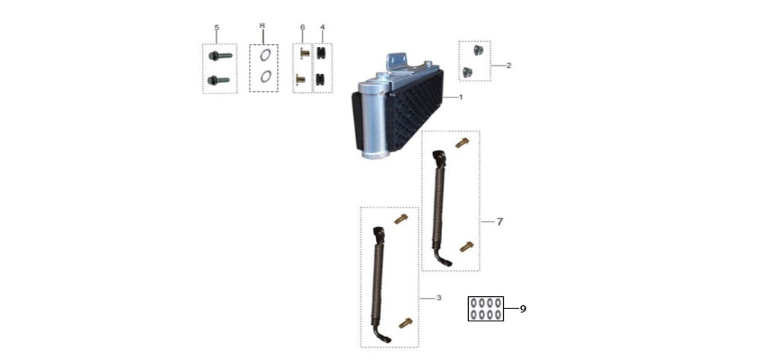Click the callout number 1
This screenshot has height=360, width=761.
point(461,97)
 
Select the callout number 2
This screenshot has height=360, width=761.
point(508,65)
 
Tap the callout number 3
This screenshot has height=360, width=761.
point(439,298)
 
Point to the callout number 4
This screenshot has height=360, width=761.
point(322,27)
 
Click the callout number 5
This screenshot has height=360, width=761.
point(216,27)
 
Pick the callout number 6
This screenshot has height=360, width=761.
point(302,27)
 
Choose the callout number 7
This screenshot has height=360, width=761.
point(500,221)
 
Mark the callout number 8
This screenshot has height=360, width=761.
point(263,25)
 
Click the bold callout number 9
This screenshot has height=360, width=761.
point(524,309)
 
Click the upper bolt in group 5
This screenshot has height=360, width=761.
point(221,56)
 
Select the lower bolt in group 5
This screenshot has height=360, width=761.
point(218,80)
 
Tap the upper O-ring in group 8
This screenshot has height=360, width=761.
point(265,55)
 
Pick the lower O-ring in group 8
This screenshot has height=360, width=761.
point(265,77)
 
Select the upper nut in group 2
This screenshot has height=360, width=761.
point(477,50)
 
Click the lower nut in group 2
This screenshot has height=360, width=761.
point(467,72)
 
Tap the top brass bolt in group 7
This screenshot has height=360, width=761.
point(462,142)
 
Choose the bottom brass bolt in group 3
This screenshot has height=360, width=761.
point(406,323)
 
